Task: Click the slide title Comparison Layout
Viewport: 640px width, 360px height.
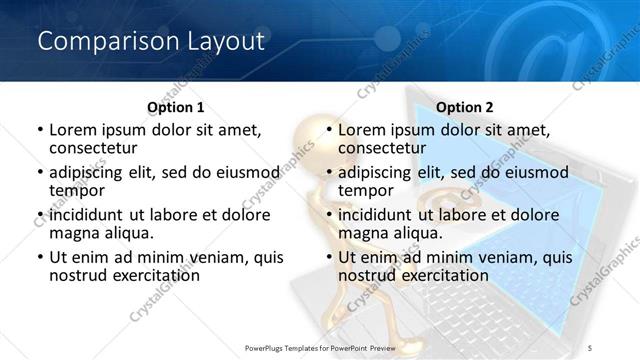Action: pyautogui.click(x=150, y=41)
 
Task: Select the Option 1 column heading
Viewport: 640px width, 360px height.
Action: pyautogui.click(x=175, y=107)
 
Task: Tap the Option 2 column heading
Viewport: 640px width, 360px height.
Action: pyautogui.click(x=465, y=107)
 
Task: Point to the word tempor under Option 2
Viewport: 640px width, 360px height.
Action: pyautogui.click(x=366, y=189)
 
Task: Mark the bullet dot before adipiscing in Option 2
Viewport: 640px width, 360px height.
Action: pyautogui.click(x=329, y=172)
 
